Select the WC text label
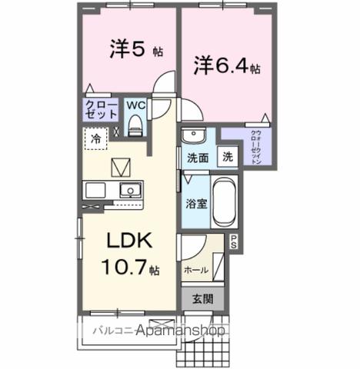coord(135,105)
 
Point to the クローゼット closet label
coord(101,109)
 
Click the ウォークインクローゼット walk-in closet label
coord(255,146)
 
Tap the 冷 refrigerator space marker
coord(96,140)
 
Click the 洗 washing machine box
coord(228,156)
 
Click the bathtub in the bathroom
coord(224,201)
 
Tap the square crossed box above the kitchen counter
coord(122,166)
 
